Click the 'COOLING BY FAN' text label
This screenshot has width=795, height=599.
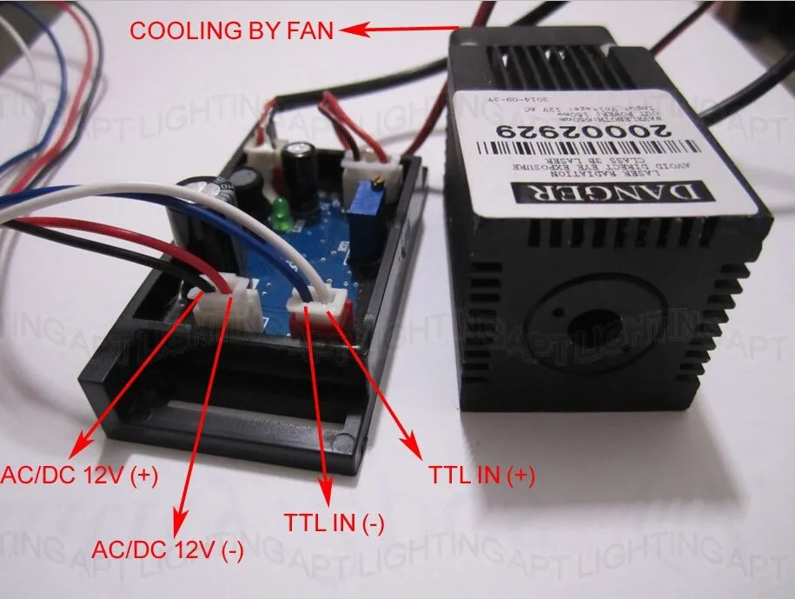(x=231, y=31)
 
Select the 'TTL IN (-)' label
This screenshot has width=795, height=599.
(x=335, y=522)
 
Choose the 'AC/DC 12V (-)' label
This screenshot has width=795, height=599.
(x=169, y=550)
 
